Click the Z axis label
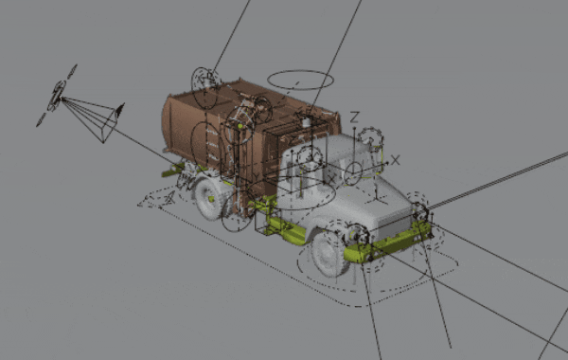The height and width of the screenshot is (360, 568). coord(354,117)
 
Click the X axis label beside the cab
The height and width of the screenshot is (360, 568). coord(395,160)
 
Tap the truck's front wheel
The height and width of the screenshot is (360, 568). coord(328,253)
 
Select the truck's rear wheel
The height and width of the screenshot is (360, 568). coord(208,198)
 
